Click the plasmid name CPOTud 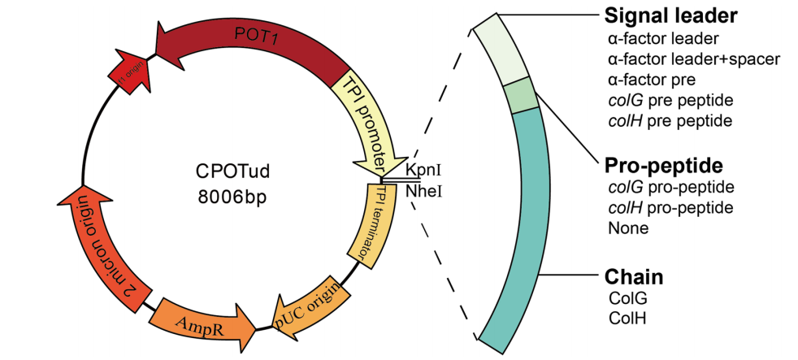[x=232, y=172]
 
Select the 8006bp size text [x=232, y=196]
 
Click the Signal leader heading [x=670, y=15]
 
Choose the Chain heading [x=633, y=277]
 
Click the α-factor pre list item [x=651, y=80]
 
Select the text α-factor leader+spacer [x=693, y=59]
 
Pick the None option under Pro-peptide [x=627, y=228]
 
